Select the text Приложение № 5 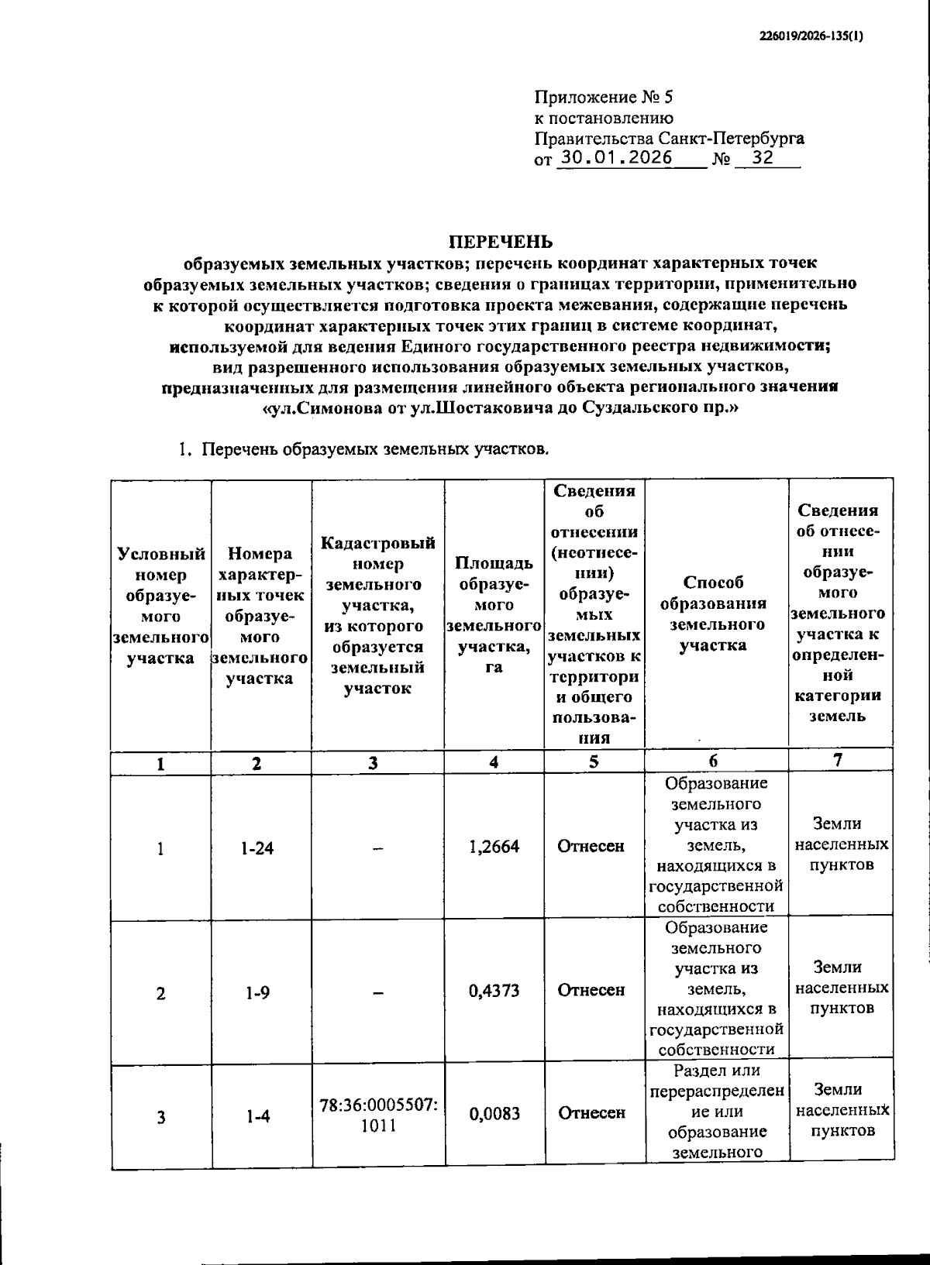click(x=604, y=98)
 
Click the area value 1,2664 click(x=494, y=846)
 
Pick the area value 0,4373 click(x=494, y=990)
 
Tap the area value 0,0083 click(x=494, y=1113)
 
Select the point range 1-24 click(x=257, y=847)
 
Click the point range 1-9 click(x=257, y=992)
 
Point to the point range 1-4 click(x=258, y=1116)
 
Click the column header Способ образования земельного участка click(x=717, y=614)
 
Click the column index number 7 click(x=838, y=761)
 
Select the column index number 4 click(x=494, y=762)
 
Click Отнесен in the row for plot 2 click(x=591, y=990)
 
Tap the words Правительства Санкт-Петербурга click(x=669, y=139)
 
